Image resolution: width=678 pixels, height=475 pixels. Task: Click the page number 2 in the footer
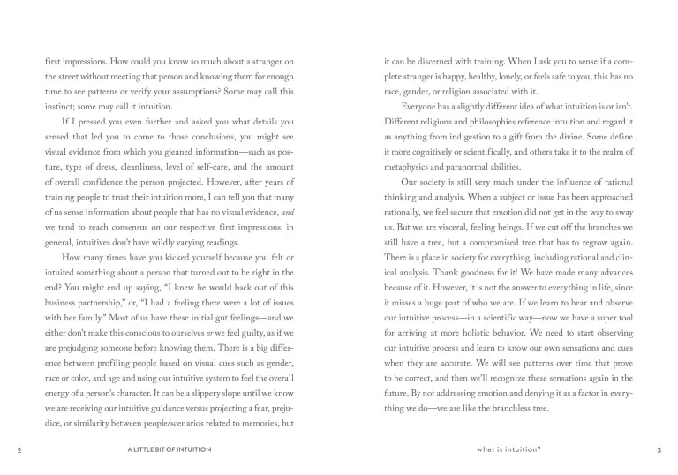tap(19, 450)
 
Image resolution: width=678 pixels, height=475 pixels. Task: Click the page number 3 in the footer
tap(659, 450)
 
